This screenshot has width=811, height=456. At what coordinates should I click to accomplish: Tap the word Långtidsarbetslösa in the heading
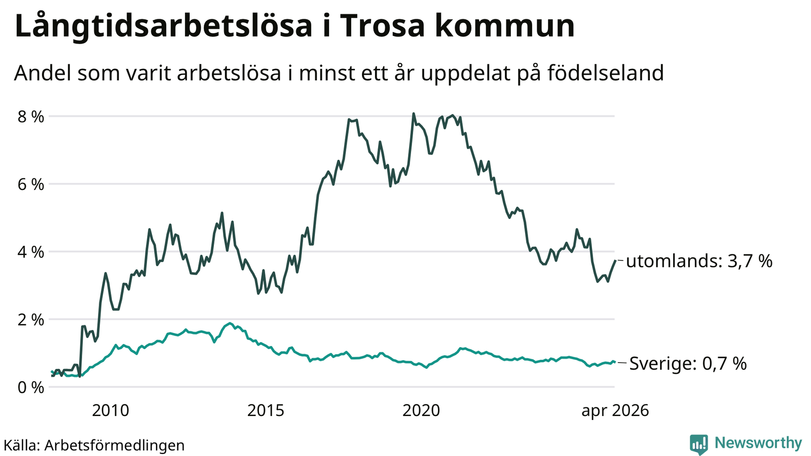pyautogui.click(x=163, y=26)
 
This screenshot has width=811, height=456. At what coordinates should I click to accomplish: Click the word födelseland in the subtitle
pyautogui.click(x=605, y=73)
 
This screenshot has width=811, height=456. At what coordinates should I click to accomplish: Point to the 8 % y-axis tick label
pyautogui.click(x=31, y=117)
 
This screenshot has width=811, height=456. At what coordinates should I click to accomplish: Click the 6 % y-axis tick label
pyautogui.click(x=31, y=184)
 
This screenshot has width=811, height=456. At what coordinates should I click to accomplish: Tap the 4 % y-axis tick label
pyautogui.click(x=31, y=252)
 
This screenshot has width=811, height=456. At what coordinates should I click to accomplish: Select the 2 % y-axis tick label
pyautogui.click(x=31, y=320)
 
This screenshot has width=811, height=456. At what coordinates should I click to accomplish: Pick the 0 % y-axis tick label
pyautogui.click(x=31, y=388)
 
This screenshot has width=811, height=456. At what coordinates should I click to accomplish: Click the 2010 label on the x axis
pyautogui.click(x=110, y=410)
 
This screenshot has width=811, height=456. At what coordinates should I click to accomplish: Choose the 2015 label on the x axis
pyautogui.click(x=266, y=410)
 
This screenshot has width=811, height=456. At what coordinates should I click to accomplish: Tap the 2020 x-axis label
pyautogui.click(x=421, y=410)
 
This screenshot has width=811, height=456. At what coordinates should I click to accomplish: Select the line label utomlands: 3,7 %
pyautogui.click(x=699, y=261)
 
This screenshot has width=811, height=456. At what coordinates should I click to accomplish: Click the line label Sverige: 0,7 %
pyautogui.click(x=688, y=363)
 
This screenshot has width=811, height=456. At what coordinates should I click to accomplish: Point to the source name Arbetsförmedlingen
pyautogui.click(x=115, y=445)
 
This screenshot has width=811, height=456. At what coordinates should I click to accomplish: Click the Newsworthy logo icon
pyautogui.click(x=699, y=444)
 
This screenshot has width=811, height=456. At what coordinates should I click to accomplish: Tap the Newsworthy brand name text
pyautogui.click(x=758, y=443)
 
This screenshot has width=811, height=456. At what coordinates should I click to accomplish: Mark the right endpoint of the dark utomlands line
pyautogui.click(x=615, y=260)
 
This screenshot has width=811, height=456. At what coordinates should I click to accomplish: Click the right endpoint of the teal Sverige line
pyautogui.click(x=615, y=362)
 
